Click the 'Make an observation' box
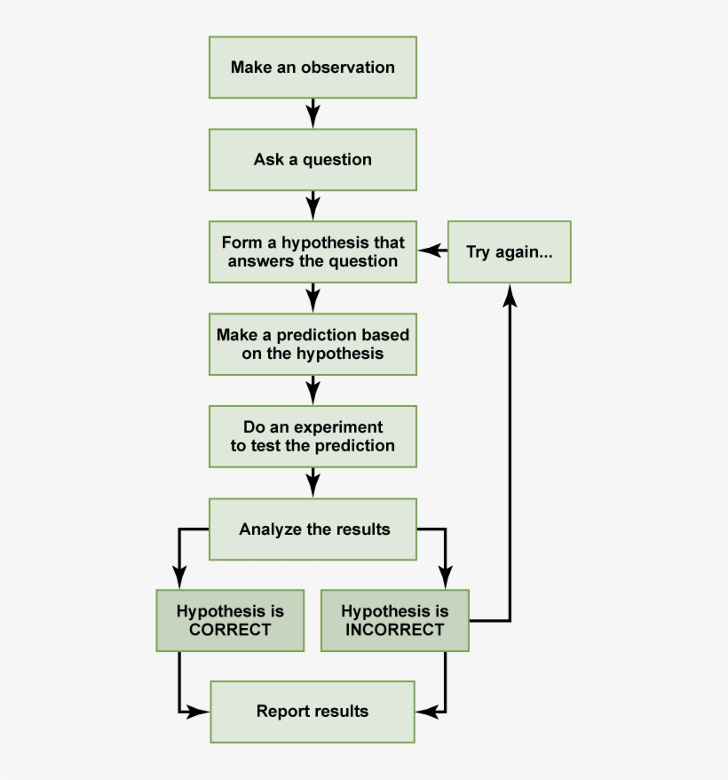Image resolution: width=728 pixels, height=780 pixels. [x=313, y=68]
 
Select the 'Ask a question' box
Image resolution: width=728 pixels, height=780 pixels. [x=313, y=160]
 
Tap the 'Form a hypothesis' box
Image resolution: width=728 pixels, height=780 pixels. [x=313, y=252]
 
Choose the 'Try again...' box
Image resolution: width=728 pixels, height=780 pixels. [x=509, y=252]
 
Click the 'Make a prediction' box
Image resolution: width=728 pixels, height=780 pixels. [x=313, y=344]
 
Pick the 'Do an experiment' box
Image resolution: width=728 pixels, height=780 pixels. [x=313, y=436]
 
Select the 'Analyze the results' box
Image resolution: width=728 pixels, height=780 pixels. [x=313, y=529]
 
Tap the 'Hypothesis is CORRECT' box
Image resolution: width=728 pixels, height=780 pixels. [x=229, y=620]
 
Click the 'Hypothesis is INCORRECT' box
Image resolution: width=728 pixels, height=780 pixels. [x=394, y=620]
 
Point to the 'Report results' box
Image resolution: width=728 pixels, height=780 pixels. [x=313, y=711]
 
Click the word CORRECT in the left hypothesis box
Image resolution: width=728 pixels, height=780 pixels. [x=230, y=630]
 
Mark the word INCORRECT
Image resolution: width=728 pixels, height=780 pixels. [x=395, y=630]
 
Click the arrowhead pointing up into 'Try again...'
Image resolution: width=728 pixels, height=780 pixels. [x=510, y=294]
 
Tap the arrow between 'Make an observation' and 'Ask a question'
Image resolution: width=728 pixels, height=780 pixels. [x=313, y=114]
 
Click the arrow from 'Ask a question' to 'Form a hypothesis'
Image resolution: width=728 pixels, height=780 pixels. [x=313, y=206]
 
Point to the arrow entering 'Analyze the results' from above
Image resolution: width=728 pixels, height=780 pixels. [x=313, y=482]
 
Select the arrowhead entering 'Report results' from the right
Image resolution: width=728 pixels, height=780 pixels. [x=424, y=711]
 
